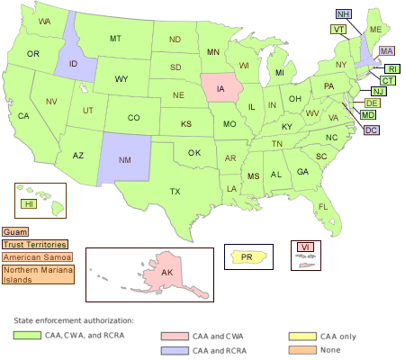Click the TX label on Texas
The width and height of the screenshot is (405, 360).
tap(175, 191)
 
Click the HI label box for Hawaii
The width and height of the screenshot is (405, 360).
tap(30, 204)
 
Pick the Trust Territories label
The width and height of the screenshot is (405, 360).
tap(34, 244)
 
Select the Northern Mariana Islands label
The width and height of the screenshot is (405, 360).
tap(36, 274)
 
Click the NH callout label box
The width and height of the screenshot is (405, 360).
tap(344, 14)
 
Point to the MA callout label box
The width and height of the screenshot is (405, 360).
tap(386, 50)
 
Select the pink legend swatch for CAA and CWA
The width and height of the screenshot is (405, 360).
tap(174, 335)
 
